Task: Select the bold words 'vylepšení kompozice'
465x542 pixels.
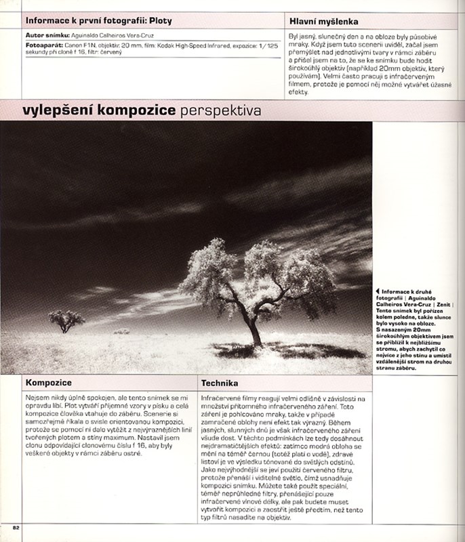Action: [99, 110]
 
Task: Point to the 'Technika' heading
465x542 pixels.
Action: [219, 383]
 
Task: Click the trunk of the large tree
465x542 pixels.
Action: [255, 332]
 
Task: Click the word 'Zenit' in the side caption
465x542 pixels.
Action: [444, 306]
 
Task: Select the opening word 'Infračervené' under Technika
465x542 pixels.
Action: [220, 399]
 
